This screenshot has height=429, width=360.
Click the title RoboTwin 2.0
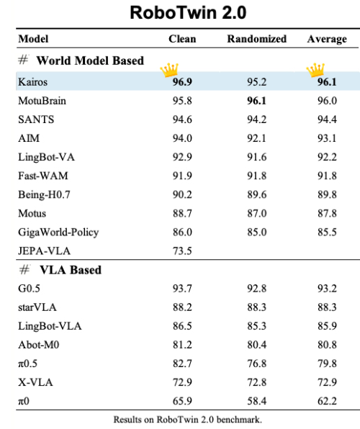tap(188, 12)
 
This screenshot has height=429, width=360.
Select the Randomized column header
tap(257, 39)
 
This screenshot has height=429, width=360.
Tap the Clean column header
tap(182, 39)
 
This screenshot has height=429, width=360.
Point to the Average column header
tap(327, 39)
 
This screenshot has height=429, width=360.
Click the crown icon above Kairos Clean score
tap(169, 70)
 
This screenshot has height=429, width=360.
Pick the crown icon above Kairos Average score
tap(315, 70)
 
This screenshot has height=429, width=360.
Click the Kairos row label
tap(32, 82)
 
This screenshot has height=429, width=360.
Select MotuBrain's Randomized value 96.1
tap(257, 101)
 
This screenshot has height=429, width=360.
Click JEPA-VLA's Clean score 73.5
tap(182, 251)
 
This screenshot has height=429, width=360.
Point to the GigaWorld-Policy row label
tap(58, 232)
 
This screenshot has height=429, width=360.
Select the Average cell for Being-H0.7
tap(327, 194)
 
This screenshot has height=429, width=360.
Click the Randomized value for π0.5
tap(257, 363)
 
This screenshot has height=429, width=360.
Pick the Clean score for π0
tap(182, 401)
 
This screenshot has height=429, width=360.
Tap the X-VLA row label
tap(35, 382)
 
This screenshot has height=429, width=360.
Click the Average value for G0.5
tap(327, 289)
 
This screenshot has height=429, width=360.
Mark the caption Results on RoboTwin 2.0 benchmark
tap(187, 420)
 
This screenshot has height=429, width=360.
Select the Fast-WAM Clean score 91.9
tap(182, 176)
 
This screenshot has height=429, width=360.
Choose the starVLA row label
tap(37, 307)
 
